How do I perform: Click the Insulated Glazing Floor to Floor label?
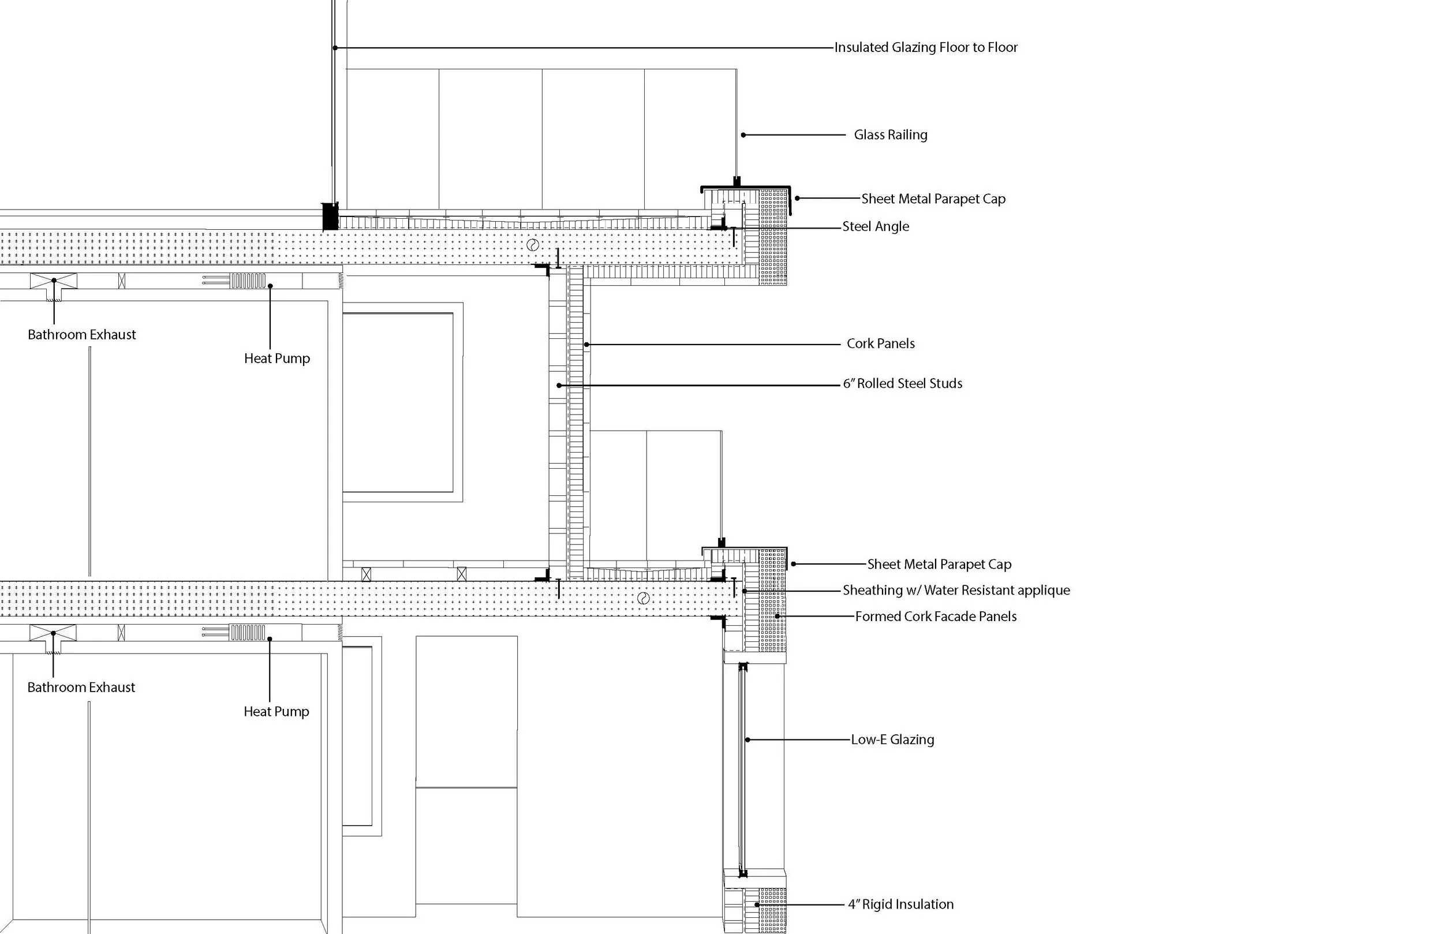pos(925,47)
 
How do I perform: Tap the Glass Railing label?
pos(890,135)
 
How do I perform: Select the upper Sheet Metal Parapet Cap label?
pos(933,199)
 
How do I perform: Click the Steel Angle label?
pos(875,227)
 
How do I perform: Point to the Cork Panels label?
pos(880,344)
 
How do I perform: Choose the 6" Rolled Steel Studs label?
pos(902,384)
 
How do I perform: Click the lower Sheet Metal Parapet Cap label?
pos(939,565)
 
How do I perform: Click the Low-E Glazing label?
pos(892,740)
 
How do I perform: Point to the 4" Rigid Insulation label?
pos(900,905)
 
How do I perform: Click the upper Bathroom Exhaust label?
pos(82,335)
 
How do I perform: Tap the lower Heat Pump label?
pos(276,712)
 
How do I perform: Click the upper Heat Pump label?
pos(276,359)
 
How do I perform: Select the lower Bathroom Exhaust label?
pos(81,688)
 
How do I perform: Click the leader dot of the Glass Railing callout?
pos(743,135)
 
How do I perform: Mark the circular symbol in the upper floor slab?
pos(532,245)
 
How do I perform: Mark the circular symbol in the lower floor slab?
pos(643,599)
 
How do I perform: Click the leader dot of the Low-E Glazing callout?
pos(747,740)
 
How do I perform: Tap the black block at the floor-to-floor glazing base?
pos(330,216)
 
